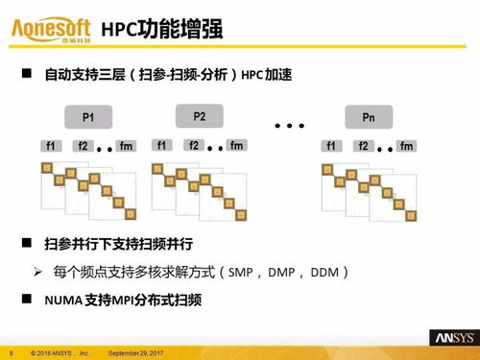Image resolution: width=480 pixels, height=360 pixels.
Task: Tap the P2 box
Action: click(x=200, y=116)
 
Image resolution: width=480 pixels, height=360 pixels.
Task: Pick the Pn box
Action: click(x=369, y=118)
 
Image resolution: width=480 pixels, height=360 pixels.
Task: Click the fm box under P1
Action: click(x=126, y=146)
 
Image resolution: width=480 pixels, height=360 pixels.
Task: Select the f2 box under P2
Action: click(x=194, y=145)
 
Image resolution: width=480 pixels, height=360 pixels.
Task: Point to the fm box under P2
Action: click(x=237, y=145)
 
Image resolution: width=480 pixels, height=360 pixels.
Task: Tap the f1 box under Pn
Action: click(x=331, y=146)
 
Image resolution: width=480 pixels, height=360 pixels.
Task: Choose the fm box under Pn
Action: click(x=406, y=146)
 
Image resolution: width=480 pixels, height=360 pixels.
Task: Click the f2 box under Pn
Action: click(x=364, y=146)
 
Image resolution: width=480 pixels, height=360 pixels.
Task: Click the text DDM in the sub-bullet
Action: click(x=328, y=273)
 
